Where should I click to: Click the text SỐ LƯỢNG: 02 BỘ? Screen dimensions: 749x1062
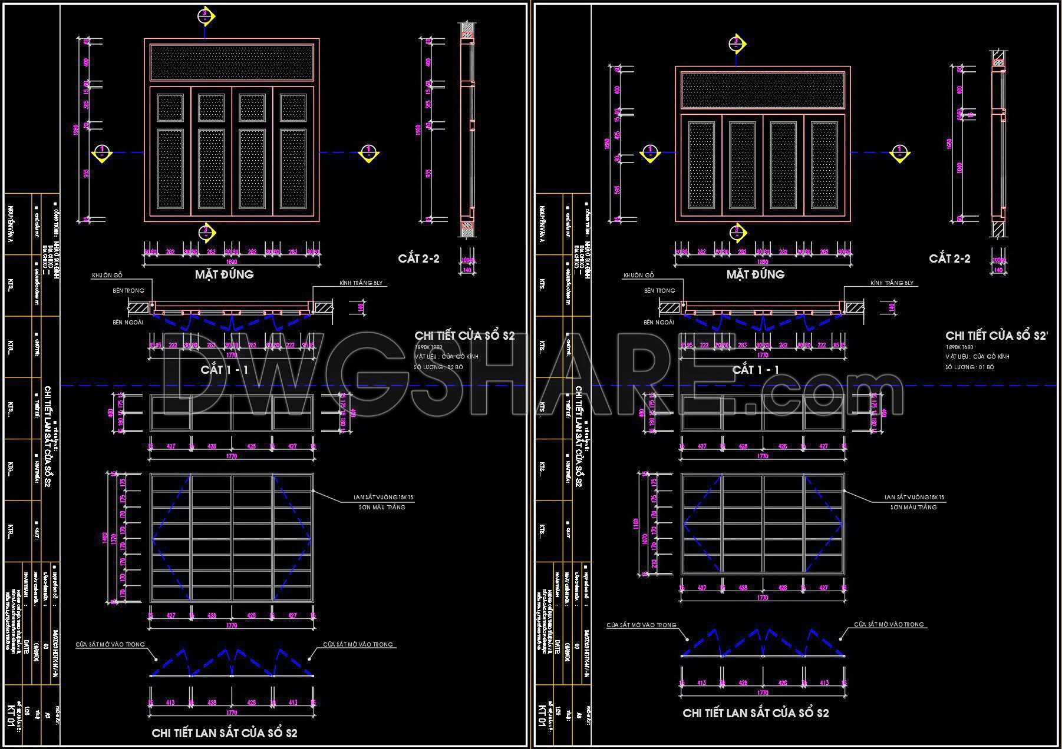coord(439,367)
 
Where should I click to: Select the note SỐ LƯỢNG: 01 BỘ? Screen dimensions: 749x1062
coord(970,367)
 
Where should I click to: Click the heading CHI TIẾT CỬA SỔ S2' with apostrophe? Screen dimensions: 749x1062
coord(997,335)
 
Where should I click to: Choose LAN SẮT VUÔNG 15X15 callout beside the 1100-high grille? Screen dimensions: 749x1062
coord(914,498)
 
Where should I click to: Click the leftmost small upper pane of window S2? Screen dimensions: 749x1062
coord(170,108)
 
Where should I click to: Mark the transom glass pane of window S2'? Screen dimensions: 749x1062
coord(763,90)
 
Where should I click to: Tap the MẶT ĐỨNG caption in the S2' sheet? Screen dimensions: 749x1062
coord(755,274)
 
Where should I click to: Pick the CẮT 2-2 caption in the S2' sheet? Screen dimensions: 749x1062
coord(949,258)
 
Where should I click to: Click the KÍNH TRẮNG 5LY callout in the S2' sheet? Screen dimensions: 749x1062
coord(892,283)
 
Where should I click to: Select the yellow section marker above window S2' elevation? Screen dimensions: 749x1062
coord(736,44)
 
